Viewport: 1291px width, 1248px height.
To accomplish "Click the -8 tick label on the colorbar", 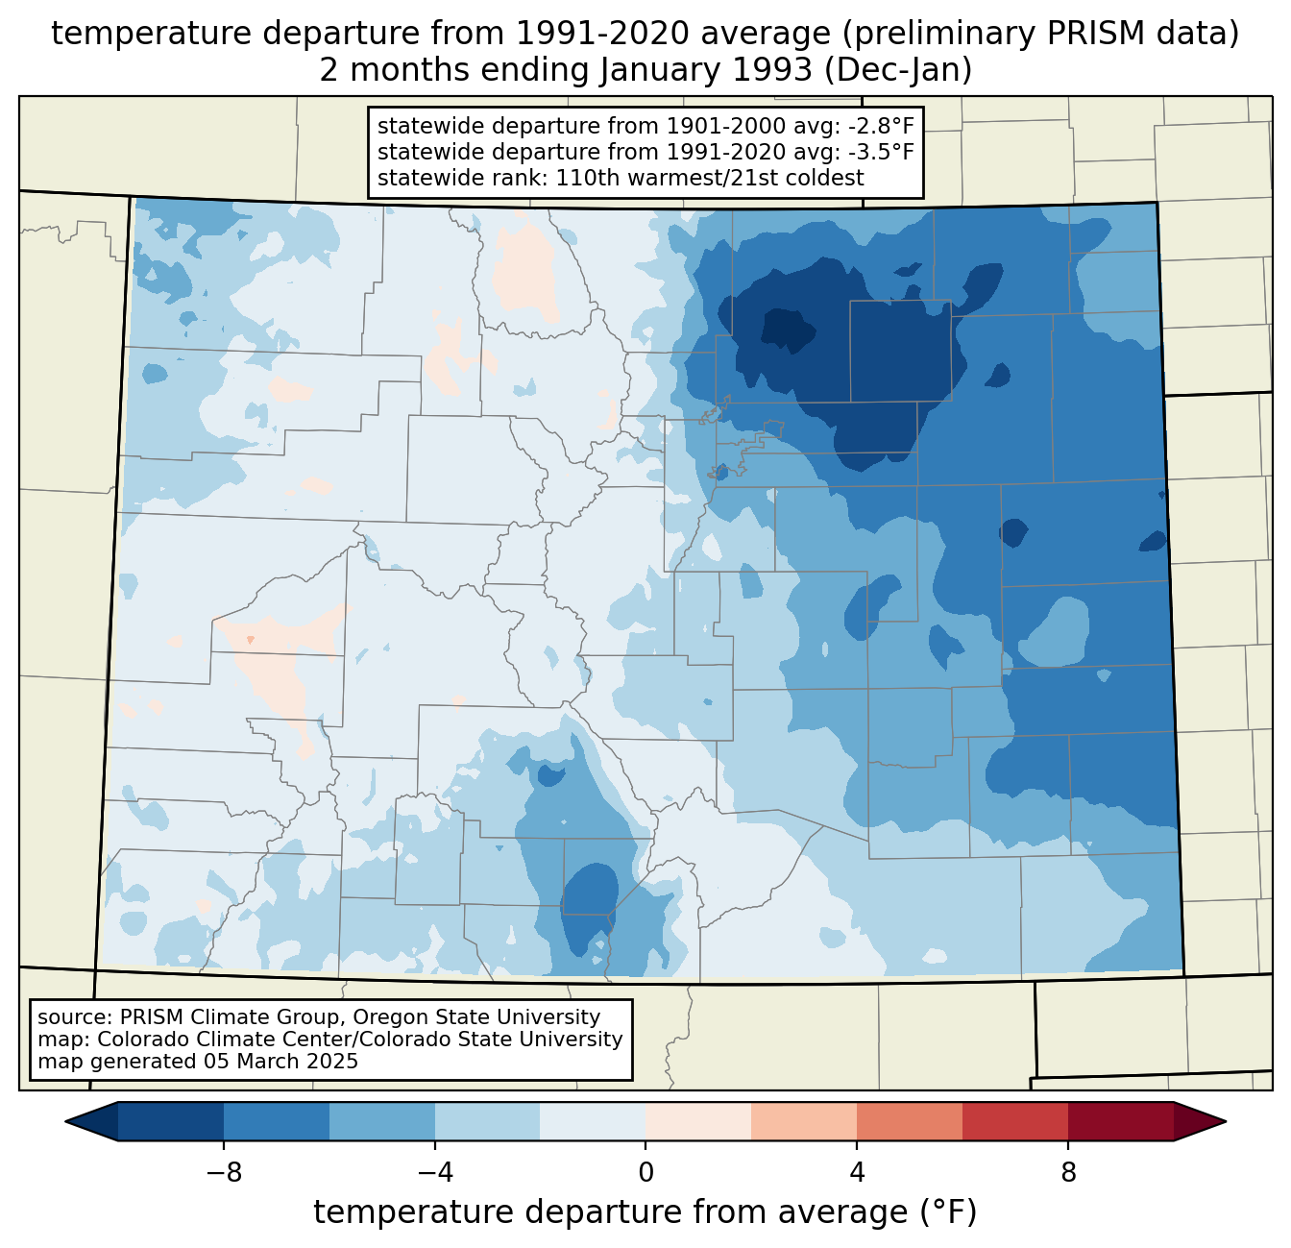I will pyautogui.click(x=223, y=1172).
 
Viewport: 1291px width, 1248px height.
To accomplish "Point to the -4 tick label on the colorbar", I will pyautogui.click(x=434, y=1172).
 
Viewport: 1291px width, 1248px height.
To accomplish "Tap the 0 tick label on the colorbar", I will pyautogui.click(x=645, y=1172).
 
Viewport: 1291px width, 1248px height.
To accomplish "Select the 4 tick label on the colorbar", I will pyautogui.click(x=857, y=1172).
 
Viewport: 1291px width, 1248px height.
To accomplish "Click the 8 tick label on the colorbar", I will pyautogui.click(x=1068, y=1172).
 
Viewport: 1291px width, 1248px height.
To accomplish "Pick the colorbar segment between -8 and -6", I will pyautogui.click(x=277, y=1121).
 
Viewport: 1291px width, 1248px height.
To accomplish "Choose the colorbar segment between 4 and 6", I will pyautogui.click(x=910, y=1121).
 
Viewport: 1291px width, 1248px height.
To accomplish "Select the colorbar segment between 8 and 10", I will pyautogui.click(x=1121, y=1121).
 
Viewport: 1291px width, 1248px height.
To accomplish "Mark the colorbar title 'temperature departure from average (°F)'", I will pyautogui.click(x=645, y=1212).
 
